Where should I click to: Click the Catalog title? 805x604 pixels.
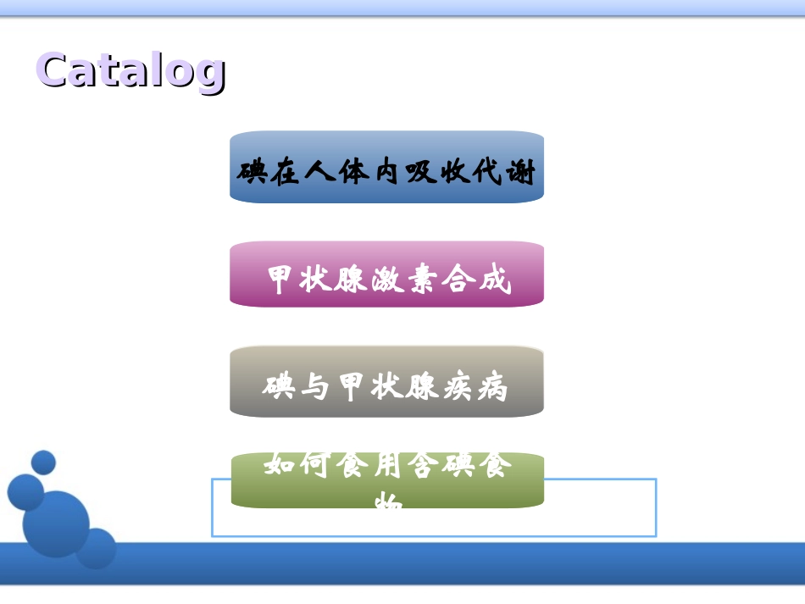131,69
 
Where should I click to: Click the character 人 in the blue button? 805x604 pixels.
320,173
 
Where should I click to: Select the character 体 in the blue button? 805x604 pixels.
353,173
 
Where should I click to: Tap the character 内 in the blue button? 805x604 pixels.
386,173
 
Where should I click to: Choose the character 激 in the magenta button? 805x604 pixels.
386,279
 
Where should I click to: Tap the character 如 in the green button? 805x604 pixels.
280,465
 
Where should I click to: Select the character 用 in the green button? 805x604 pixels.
386,465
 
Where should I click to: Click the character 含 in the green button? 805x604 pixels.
423,465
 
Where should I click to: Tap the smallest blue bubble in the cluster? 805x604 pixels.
43,463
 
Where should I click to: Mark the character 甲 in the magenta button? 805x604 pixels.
281,279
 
